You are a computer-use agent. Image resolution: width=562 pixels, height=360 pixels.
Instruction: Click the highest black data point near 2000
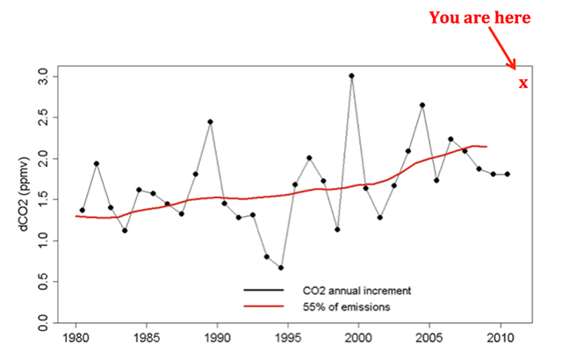coord(351,76)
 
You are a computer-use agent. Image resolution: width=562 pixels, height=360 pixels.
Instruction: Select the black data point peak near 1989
coord(210,121)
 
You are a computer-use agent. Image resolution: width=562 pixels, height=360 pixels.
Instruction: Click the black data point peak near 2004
coord(422,105)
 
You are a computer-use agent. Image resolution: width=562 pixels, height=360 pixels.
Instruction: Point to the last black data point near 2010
coord(508,174)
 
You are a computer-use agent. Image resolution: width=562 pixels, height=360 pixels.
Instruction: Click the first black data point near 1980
coord(83,210)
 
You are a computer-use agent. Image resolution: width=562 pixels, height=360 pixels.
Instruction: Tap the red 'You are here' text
coord(479,18)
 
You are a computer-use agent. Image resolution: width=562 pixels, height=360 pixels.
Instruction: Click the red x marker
coord(523,83)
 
